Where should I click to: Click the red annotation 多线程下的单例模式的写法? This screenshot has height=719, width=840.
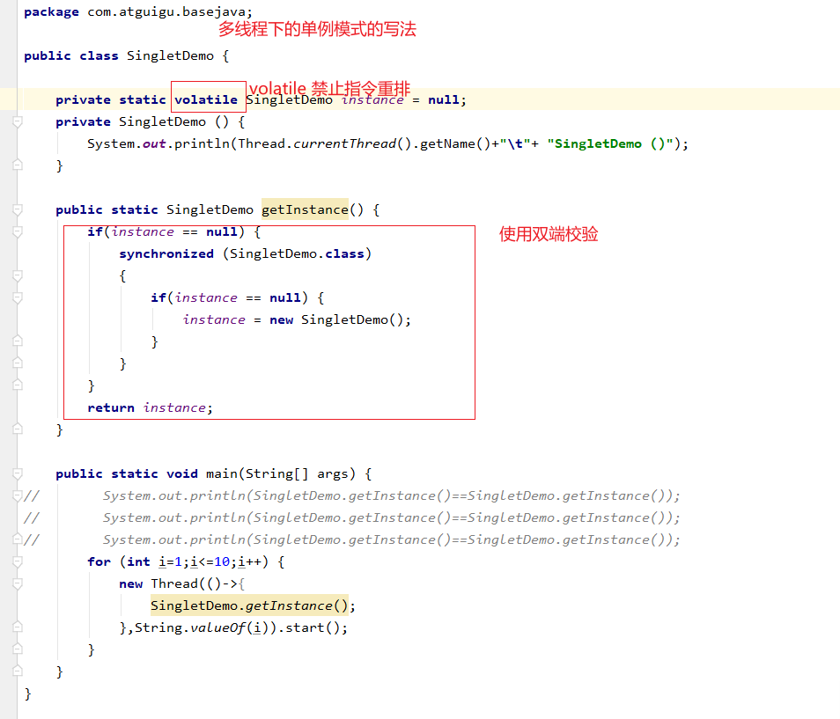coord(317,30)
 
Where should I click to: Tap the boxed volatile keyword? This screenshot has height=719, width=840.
coord(206,99)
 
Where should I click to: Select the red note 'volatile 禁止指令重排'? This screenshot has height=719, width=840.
coord(329,89)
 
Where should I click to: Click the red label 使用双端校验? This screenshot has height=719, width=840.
coord(549,234)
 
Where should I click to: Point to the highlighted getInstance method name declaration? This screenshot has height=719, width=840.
coord(305,209)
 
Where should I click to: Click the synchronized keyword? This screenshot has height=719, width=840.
coord(166,253)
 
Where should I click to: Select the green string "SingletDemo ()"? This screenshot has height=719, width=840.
coord(610,143)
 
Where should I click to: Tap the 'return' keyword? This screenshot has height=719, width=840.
coord(111,407)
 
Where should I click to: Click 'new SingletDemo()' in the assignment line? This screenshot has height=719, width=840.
coord(340,319)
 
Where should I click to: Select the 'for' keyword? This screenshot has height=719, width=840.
coord(99,561)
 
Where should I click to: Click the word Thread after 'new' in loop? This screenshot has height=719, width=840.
coord(174,583)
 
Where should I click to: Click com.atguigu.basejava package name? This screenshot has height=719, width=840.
coord(170,11)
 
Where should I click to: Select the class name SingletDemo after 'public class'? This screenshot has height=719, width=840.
coord(170,55)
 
